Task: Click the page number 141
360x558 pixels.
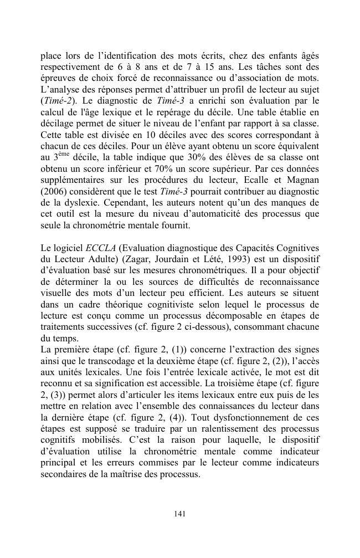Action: (179, 514)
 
